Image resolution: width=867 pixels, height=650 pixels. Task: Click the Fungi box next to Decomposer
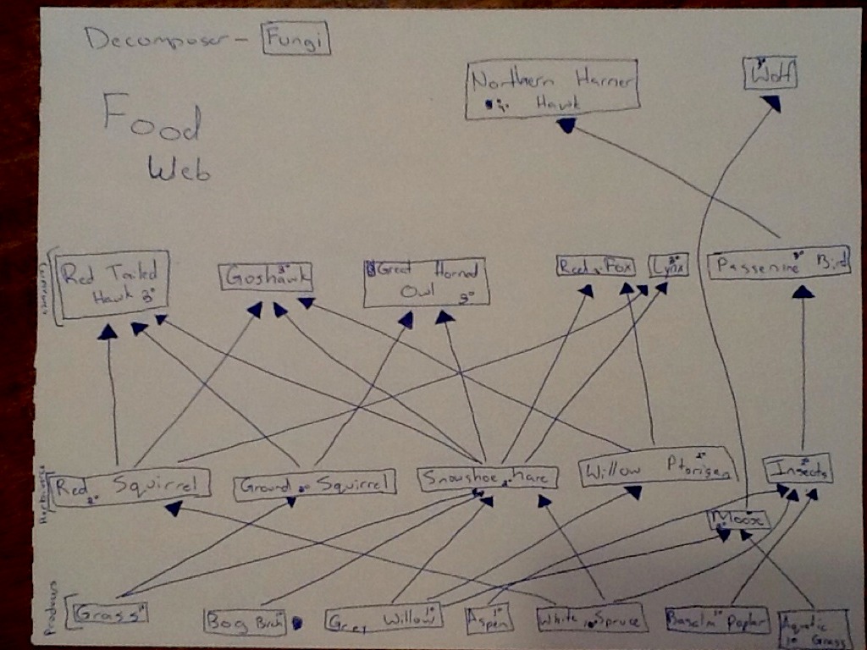pos(295,38)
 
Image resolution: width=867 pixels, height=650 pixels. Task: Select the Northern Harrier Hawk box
pos(553,89)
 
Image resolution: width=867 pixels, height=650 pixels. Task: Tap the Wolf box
pos(770,74)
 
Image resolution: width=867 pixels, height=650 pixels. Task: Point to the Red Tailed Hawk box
pos(113,284)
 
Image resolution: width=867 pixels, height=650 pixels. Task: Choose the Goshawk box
pos(266,277)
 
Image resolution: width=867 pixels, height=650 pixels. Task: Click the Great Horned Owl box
pos(425,283)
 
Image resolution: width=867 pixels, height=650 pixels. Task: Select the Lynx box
pos(669,266)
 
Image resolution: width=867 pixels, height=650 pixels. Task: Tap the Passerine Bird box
pos(778,264)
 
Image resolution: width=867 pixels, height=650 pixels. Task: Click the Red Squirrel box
pos(131,485)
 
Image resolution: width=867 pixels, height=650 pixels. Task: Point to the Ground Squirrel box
pos(314,483)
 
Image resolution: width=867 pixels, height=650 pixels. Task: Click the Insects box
pos(797,468)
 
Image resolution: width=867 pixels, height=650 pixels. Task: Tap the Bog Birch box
pos(245,622)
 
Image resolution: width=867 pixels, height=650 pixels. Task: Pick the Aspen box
pos(489,620)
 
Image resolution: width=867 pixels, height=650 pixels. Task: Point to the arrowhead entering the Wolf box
pos(770,102)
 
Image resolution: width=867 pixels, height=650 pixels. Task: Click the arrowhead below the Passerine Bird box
pos(803,291)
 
